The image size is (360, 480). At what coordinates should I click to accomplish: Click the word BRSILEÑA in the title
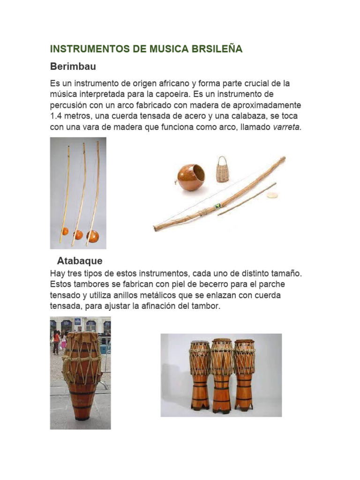(214, 49)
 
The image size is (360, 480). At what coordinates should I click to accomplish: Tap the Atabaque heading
(79, 260)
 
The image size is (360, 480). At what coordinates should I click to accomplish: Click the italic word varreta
(286, 127)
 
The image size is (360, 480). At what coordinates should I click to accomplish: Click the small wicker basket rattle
(222, 170)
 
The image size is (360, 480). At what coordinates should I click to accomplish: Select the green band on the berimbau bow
(217, 206)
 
